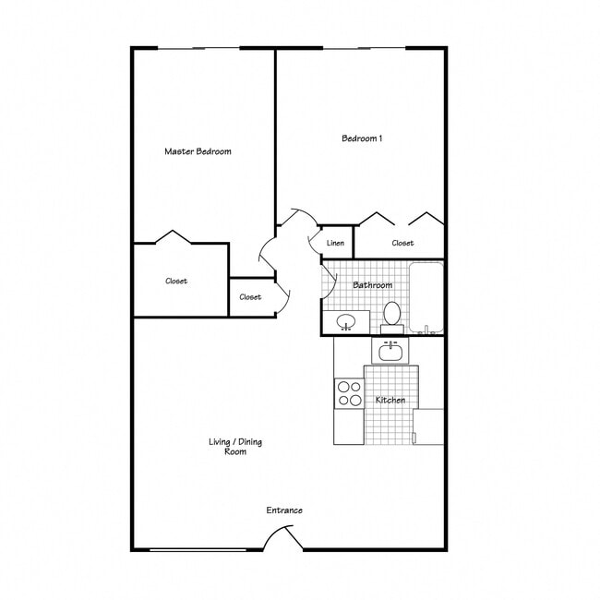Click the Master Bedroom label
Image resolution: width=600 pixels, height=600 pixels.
click(198, 151)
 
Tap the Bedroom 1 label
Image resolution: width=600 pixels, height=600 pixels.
click(362, 138)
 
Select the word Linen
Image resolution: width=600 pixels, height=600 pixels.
click(336, 244)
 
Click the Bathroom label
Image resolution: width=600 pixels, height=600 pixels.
click(372, 285)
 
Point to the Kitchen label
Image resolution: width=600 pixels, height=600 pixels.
click(390, 401)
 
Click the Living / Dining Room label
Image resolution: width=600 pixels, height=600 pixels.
click(234, 447)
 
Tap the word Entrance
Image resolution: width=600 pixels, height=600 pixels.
click(284, 510)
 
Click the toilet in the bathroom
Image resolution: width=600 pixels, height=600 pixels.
click(392, 314)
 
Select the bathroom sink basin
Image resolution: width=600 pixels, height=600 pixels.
click(346, 322)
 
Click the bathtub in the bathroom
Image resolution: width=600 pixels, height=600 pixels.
click(426, 298)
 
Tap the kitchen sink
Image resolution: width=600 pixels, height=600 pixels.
click(390, 351)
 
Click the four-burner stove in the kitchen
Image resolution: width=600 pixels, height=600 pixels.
click(349, 394)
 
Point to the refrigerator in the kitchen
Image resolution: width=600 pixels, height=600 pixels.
click(428, 426)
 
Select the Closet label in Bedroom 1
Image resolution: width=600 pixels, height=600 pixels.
click(402, 244)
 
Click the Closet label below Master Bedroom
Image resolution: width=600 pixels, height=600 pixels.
click(176, 282)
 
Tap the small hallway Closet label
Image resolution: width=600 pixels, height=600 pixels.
click(250, 297)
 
